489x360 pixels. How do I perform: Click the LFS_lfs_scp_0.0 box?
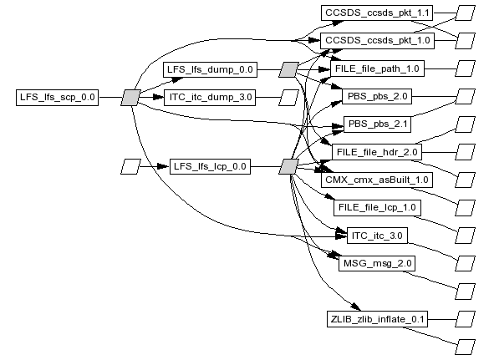[58, 98]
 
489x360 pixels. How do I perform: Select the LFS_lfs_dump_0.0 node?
[210, 69]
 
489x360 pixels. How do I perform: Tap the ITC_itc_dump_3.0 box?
[210, 98]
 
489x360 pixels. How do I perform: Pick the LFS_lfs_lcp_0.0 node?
[210, 166]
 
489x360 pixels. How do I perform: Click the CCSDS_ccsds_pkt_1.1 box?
[377, 13]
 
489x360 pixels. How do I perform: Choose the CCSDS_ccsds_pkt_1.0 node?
[377, 41]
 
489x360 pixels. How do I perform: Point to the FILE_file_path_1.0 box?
[377, 68]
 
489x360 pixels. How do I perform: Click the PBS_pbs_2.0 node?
[377, 96]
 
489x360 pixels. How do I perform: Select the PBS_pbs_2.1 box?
[377, 124]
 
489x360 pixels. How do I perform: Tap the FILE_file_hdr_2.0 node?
[377, 152]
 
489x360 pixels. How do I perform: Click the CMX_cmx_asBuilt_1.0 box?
[377, 180]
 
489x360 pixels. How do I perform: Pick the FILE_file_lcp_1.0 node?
[377, 208]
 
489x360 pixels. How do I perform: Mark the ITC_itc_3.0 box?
[377, 236]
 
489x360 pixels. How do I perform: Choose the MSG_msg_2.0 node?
[377, 263]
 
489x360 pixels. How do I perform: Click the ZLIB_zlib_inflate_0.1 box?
[377, 319]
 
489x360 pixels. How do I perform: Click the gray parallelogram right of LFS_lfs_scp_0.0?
[131, 98]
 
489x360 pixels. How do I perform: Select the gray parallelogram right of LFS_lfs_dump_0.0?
[288, 69]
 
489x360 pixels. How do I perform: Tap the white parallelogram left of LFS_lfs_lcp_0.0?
[131, 166]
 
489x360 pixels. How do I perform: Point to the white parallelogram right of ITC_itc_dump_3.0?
[288, 98]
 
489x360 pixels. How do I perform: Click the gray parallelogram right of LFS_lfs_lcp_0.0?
[288, 166]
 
